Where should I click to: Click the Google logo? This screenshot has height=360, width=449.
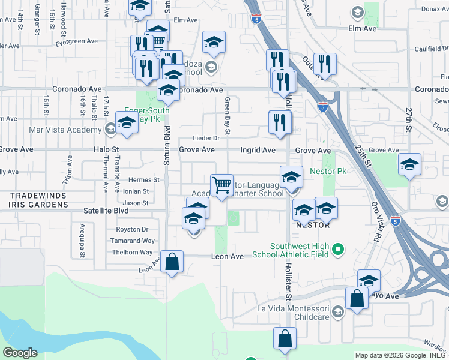coord(20,352)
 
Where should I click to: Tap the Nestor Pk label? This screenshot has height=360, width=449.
coord(328,171)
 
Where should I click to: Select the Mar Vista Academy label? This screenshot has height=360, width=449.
coord(65,130)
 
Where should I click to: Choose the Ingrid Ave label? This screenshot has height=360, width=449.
coord(258,150)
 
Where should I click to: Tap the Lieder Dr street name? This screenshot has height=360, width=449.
coord(207,138)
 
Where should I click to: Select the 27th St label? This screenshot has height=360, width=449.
coord(408,120)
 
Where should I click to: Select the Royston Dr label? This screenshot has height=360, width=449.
coord(133,229)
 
